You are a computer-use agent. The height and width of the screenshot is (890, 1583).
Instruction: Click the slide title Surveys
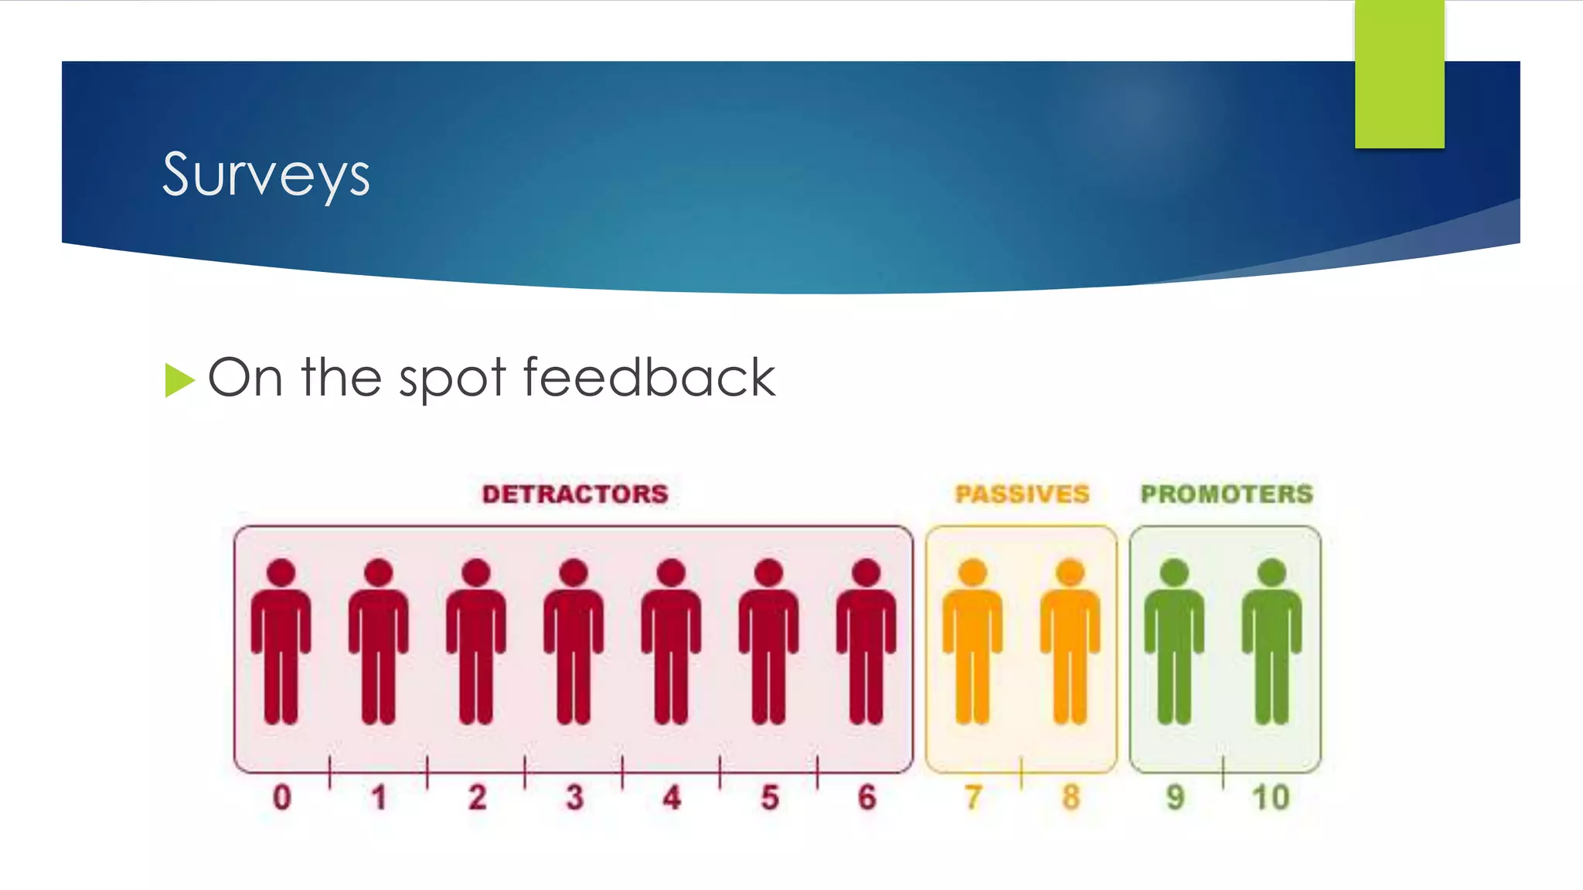(x=266, y=175)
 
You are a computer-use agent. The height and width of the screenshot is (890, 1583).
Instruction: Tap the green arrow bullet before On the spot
(x=179, y=379)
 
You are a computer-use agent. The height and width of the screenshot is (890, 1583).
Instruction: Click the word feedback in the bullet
(x=649, y=378)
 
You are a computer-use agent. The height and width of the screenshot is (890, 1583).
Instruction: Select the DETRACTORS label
(x=575, y=494)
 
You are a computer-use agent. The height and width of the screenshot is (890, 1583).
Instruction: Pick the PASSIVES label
(x=1022, y=494)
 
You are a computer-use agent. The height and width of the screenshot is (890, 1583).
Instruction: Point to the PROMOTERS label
(x=1227, y=494)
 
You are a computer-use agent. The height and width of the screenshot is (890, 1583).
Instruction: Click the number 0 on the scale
(x=282, y=797)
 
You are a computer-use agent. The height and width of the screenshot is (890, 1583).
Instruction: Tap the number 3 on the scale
(x=574, y=797)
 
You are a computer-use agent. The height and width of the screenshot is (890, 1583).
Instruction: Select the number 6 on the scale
(x=866, y=797)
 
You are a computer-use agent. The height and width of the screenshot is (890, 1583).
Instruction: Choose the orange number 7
(x=973, y=797)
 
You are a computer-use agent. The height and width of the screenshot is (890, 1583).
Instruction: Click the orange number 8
(x=1071, y=797)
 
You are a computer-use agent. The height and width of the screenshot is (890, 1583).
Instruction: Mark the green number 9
(x=1175, y=797)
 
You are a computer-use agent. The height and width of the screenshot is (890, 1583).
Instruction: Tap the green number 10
(x=1272, y=797)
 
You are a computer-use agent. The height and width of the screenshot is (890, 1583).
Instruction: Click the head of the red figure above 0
(x=281, y=573)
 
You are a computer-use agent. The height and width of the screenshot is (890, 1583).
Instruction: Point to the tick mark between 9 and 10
(x=1223, y=773)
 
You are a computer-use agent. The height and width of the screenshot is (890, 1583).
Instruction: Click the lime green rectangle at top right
(x=1399, y=74)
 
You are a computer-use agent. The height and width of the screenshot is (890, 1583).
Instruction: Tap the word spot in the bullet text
(x=451, y=379)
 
